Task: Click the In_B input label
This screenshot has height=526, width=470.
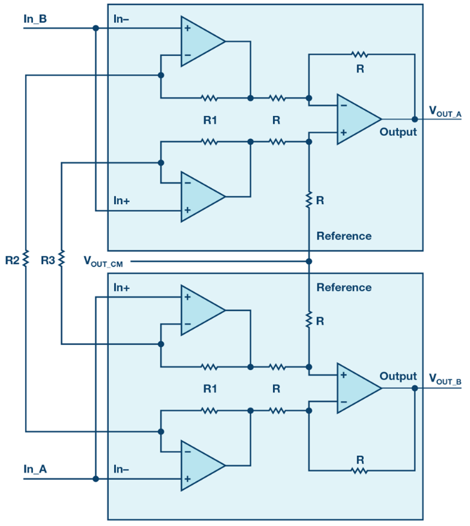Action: coord(35,19)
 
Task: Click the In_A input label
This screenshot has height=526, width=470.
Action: coord(35,469)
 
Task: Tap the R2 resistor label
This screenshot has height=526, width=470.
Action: coord(12,260)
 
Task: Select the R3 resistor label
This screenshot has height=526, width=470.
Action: coord(48,260)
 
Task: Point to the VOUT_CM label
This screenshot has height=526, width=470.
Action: coord(103,261)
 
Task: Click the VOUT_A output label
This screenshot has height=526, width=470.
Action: coord(445,112)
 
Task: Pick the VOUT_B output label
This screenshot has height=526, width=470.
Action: coord(445,379)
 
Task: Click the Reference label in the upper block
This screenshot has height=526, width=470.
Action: coord(344,236)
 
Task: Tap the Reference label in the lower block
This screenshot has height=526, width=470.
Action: coord(344,288)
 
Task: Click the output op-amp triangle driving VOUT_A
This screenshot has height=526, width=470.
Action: coord(357,119)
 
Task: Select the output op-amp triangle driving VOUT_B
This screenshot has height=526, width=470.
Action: coord(357,388)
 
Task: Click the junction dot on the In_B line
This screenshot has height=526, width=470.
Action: coord(96,28)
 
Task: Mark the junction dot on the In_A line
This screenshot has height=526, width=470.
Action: coord(96,479)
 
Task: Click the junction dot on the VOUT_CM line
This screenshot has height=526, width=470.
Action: coord(309,261)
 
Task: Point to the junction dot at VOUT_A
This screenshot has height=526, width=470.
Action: coord(415,119)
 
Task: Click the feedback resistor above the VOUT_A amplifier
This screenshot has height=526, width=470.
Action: coord(359,54)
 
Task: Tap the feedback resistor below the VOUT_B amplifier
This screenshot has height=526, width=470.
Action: coord(359,471)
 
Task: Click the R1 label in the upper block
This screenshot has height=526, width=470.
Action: coord(210,120)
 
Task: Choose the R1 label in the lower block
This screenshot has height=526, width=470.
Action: coord(210,389)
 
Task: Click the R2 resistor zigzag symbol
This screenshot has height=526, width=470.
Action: coord(26,259)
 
